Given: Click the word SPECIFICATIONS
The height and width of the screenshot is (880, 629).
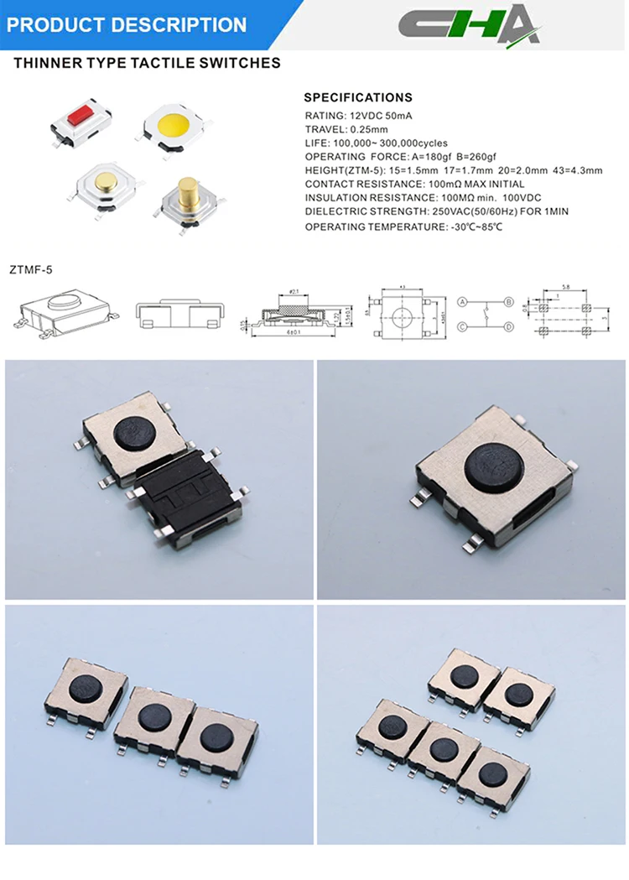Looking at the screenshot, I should (358, 97).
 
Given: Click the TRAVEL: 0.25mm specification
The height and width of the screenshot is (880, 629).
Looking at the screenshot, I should (346, 129).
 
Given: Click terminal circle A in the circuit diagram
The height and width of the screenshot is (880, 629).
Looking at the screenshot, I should (462, 301).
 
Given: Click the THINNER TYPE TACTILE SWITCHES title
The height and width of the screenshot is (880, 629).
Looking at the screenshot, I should (147, 63).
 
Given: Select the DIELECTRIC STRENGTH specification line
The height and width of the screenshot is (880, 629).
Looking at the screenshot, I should (436, 211).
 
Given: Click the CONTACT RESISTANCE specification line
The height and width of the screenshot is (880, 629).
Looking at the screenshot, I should (414, 184).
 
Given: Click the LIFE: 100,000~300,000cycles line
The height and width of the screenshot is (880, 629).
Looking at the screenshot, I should (376, 143).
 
